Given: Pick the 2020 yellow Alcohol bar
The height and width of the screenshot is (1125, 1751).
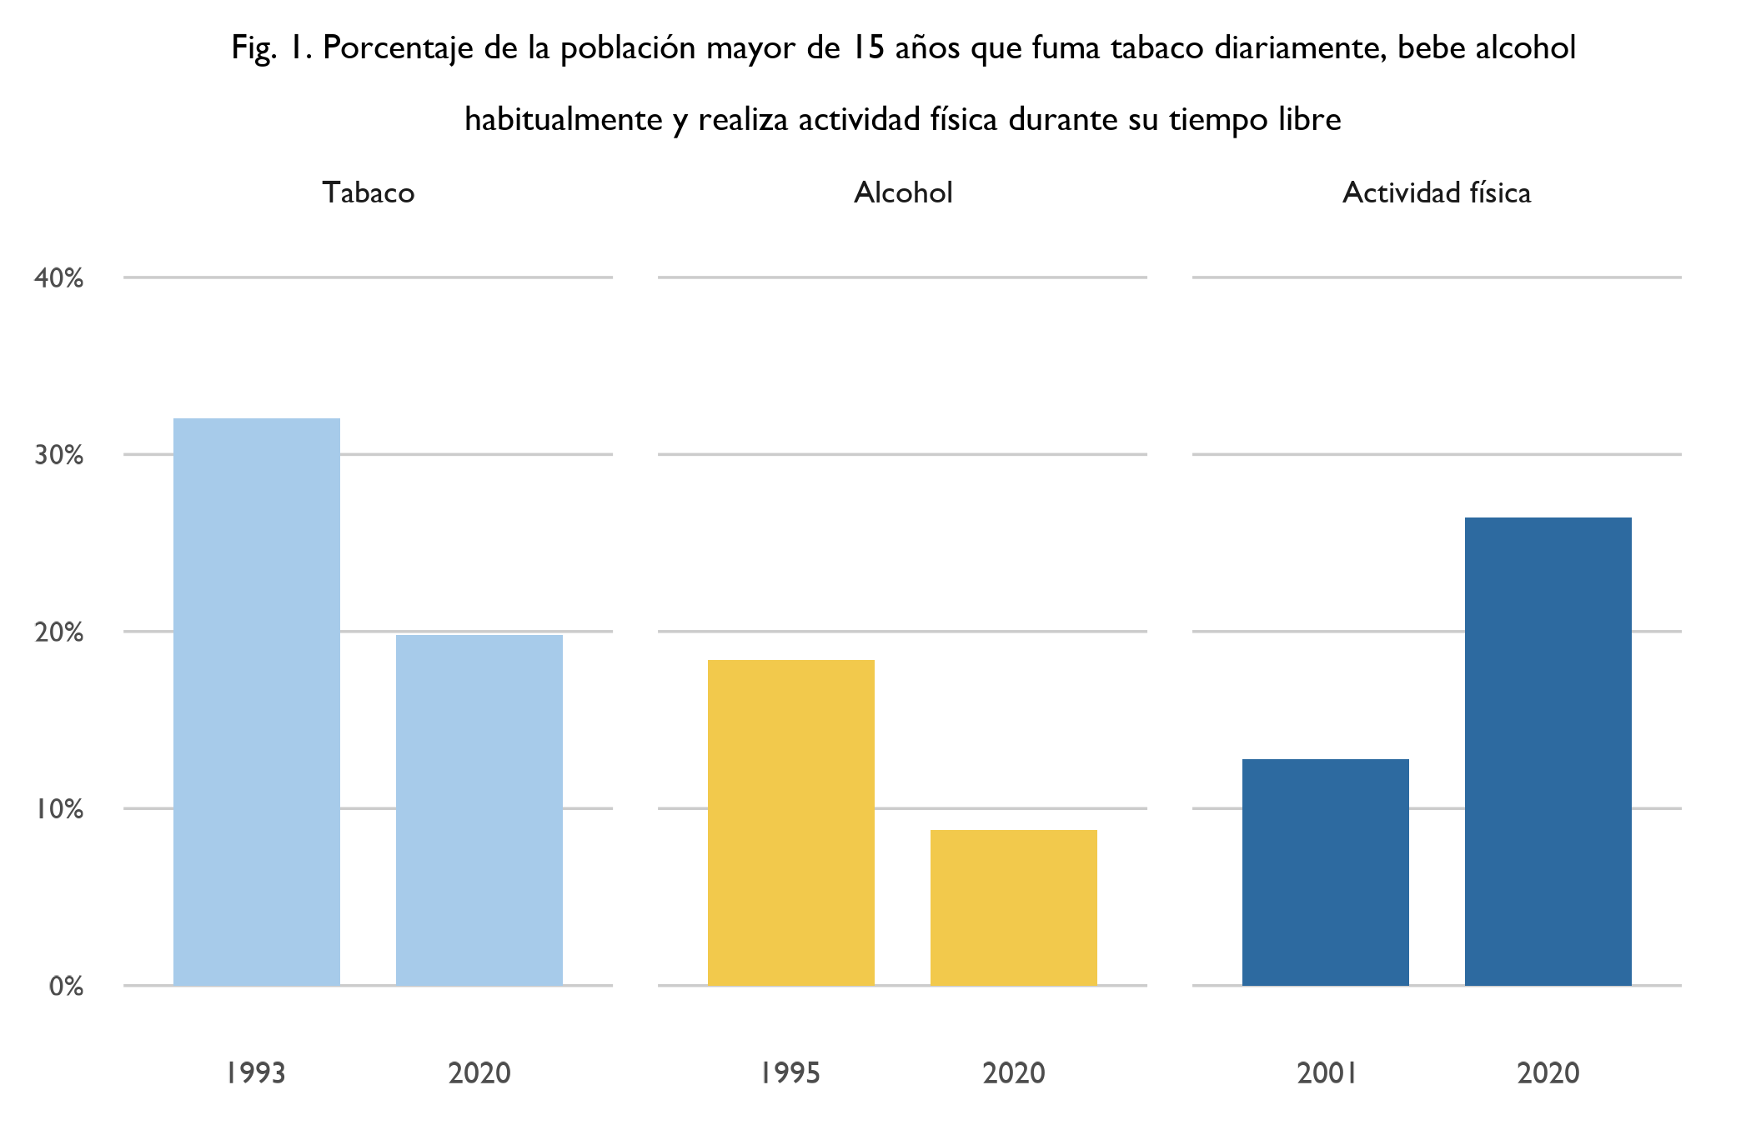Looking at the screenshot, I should (1014, 907).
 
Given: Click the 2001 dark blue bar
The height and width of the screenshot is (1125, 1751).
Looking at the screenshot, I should (1326, 872).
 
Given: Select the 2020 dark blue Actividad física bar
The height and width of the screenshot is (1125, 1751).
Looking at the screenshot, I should (1548, 751).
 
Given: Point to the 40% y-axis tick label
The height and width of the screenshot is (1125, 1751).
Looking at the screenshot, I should (58, 278).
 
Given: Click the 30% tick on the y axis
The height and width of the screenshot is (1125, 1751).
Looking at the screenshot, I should (58, 455).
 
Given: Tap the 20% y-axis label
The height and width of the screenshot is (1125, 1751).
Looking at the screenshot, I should (58, 632).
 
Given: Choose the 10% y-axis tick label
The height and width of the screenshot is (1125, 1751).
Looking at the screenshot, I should (58, 809).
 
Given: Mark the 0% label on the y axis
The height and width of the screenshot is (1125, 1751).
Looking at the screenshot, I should (66, 987).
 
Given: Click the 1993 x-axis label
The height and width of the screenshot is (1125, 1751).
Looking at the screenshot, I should (256, 1072).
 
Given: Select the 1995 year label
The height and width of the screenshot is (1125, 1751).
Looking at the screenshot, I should (790, 1072).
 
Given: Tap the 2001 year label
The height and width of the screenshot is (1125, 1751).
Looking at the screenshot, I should (1326, 1072).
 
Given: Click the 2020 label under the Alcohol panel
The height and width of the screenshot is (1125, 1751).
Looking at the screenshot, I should (1014, 1072).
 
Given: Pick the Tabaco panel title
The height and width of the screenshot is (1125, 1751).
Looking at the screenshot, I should (369, 192).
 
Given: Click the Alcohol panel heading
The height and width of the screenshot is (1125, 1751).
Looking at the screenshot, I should (903, 192).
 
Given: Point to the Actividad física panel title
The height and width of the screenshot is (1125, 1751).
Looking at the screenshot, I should (1437, 192).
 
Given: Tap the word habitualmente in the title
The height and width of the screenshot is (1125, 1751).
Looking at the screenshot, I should (564, 120).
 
